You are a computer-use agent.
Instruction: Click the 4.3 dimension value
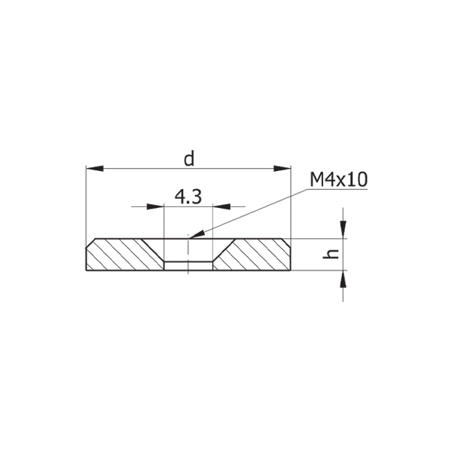click(188, 197)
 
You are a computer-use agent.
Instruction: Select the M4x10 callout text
click(338, 179)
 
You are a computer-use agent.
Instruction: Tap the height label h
click(331, 254)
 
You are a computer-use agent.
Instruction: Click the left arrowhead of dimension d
click(95, 169)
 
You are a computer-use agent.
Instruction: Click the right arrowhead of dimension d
click(282, 169)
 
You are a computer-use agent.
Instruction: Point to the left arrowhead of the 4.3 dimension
click(155, 206)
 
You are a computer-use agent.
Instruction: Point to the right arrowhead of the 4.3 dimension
click(221, 206)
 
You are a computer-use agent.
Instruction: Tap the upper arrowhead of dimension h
click(343, 230)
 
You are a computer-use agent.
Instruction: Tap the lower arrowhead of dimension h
click(343, 279)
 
